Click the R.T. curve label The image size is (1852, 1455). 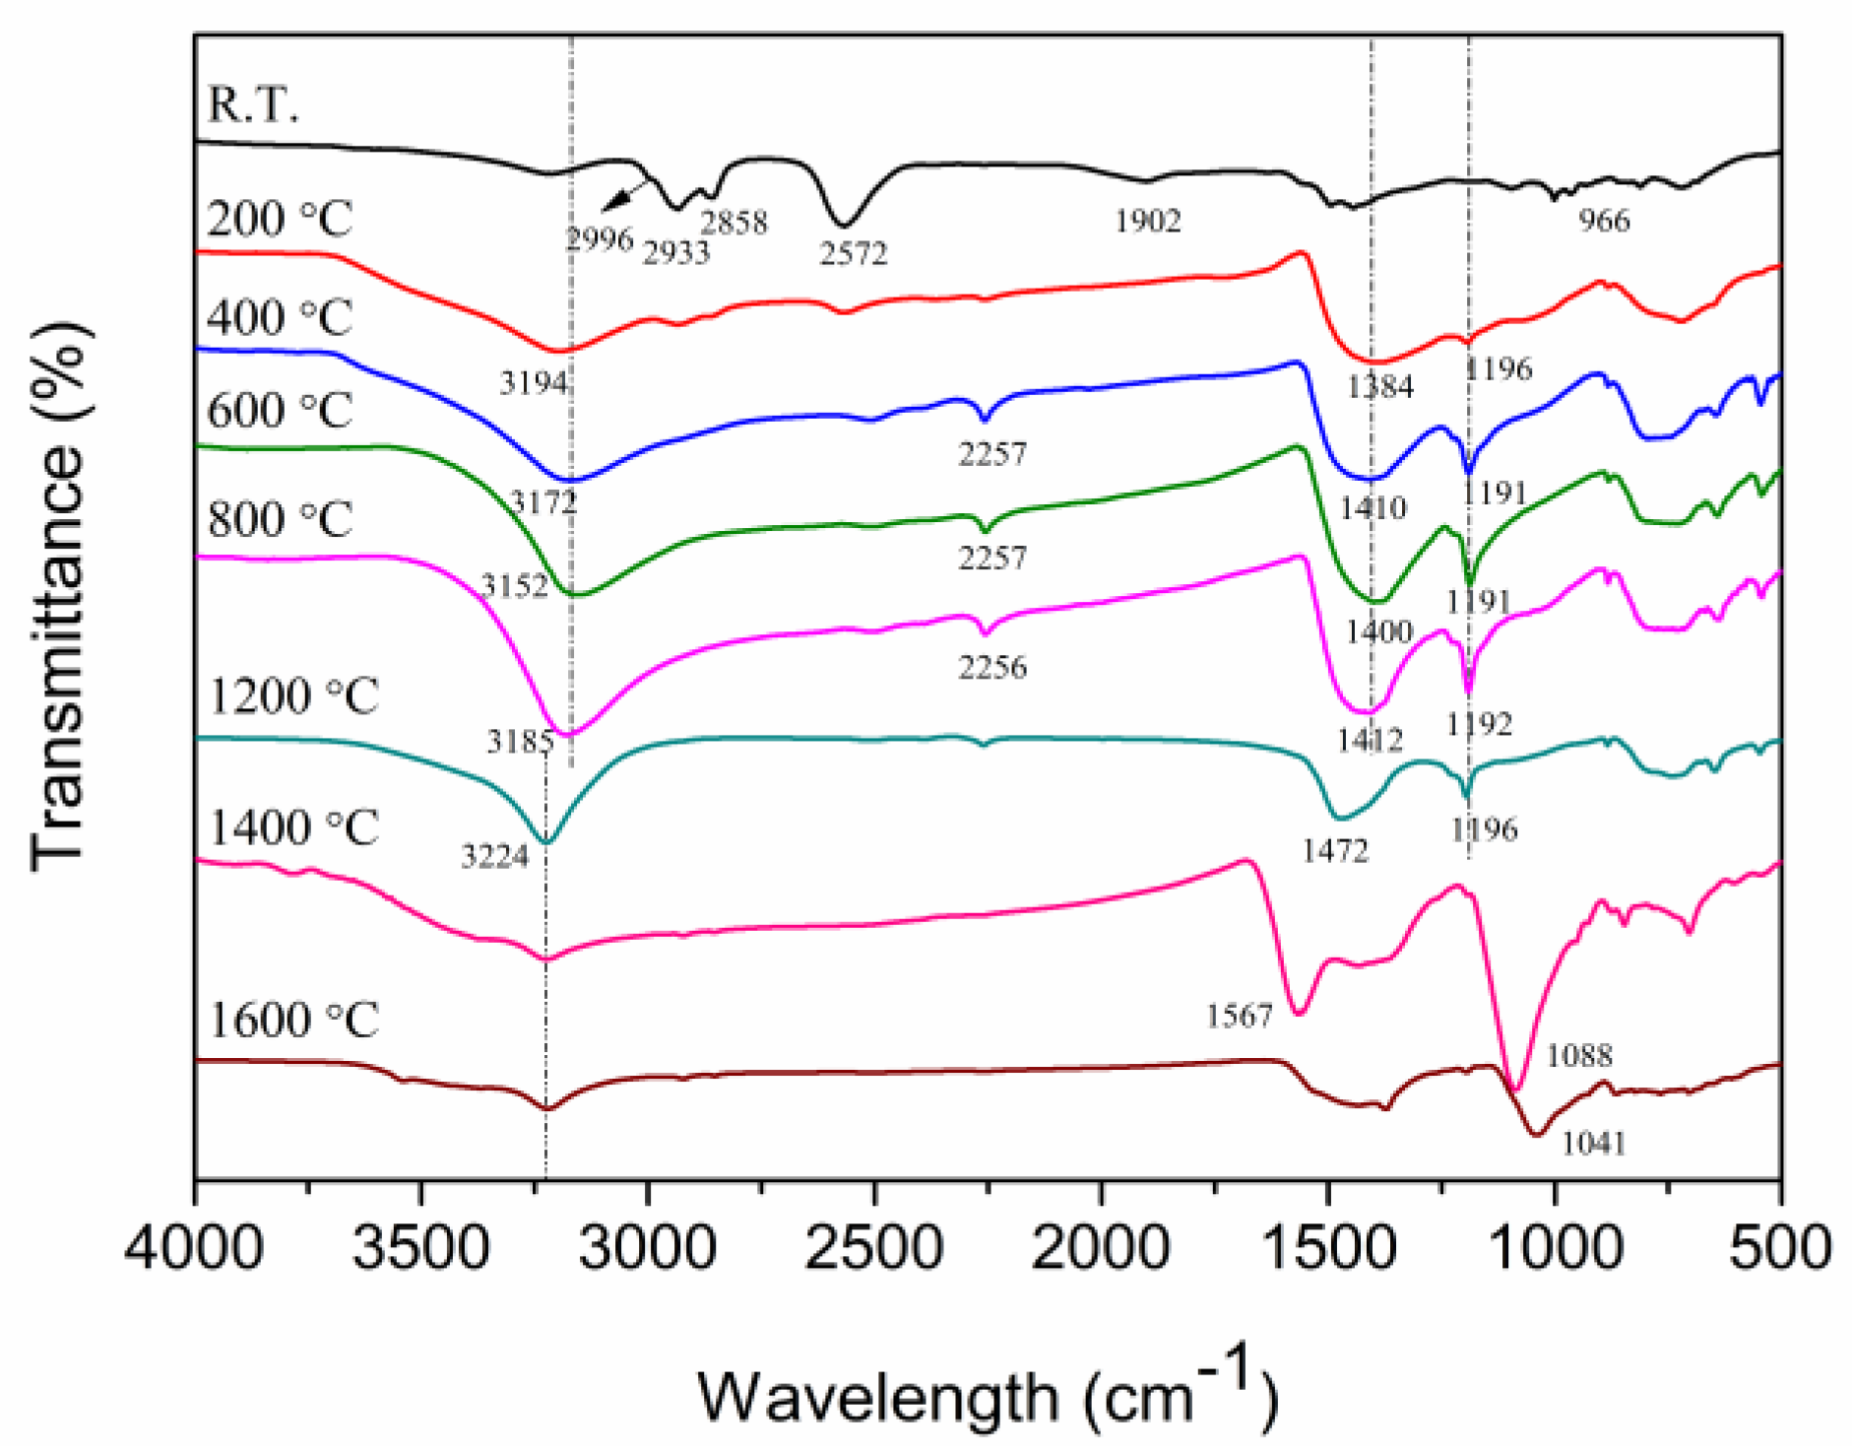tap(253, 104)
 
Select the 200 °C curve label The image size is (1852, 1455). tap(280, 219)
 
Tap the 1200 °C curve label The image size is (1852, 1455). tap(293, 697)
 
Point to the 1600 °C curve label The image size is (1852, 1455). tap(293, 1021)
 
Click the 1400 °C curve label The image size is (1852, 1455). tap(293, 827)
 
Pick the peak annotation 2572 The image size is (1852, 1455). tap(854, 254)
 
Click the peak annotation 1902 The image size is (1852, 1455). tap(1147, 221)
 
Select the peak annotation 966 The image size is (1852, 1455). tap(1604, 220)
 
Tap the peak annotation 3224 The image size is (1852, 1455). tap(494, 857)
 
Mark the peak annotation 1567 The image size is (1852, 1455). tap(1240, 1016)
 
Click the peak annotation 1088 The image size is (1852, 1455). tap(1579, 1056)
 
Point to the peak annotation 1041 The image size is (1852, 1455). tap(1594, 1144)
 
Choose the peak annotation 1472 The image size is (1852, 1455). tap(1335, 851)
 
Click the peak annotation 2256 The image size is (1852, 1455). tap(992, 668)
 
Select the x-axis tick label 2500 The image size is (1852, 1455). tap(874, 1248)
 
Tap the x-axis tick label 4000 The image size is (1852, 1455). tap(194, 1248)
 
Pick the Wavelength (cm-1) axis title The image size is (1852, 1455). tap(988, 1390)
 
